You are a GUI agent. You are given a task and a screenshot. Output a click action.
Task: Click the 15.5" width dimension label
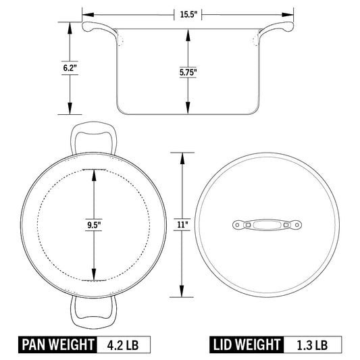coord(188,14)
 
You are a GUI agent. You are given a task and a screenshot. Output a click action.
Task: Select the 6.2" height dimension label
coord(69,68)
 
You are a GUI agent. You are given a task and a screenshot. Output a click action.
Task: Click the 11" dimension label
coord(182,224)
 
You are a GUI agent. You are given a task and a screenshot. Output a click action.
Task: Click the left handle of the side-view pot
coord(99,30)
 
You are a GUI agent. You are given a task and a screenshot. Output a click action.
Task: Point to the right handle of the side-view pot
coord(278,30)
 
